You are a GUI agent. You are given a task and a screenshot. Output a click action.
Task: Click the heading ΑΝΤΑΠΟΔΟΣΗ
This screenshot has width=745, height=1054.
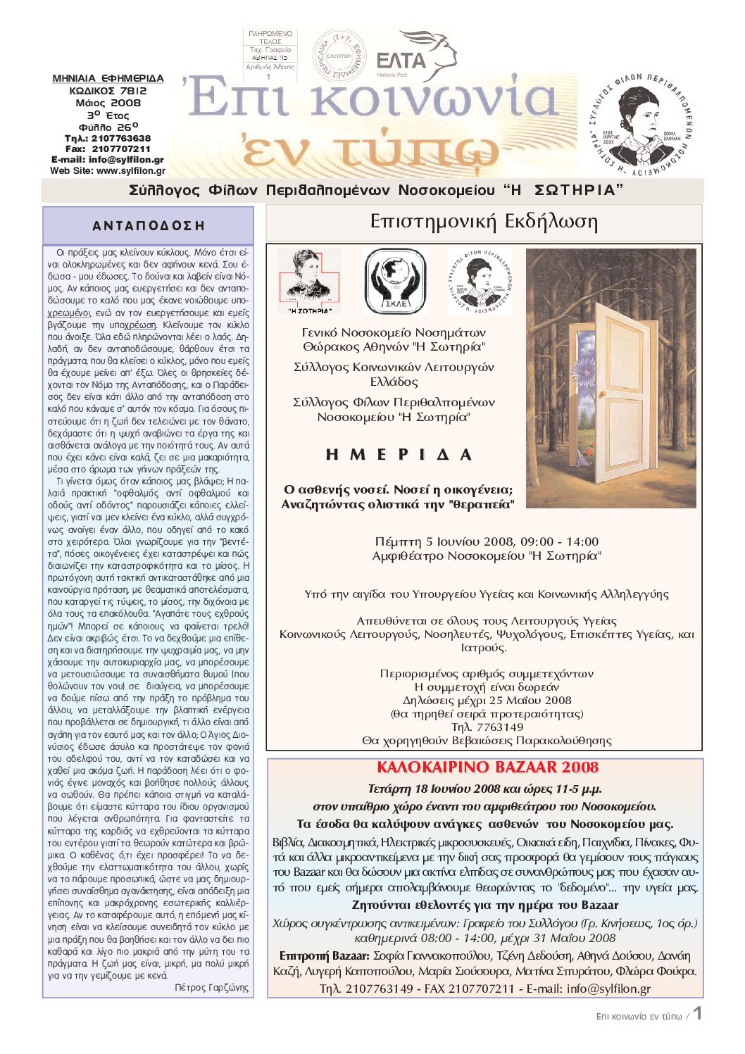pyautogui.click(x=149, y=226)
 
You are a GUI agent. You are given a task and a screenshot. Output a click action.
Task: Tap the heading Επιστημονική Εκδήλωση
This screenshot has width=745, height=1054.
pyautogui.click(x=484, y=222)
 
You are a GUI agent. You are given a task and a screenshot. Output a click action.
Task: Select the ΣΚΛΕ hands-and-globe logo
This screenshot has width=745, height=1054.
pyautogui.click(x=394, y=281)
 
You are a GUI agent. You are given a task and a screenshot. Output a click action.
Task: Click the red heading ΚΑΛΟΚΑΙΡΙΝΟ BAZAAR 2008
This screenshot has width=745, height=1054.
pyautogui.click(x=487, y=767)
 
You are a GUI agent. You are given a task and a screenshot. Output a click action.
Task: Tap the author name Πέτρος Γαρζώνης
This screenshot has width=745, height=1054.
pyautogui.click(x=211, y=988)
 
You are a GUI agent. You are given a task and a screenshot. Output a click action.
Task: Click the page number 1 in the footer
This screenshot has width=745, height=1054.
pyautogui.click(x=697, y=1013)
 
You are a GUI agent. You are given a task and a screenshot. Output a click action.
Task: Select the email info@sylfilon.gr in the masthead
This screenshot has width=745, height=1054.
pyautogui.click(x=108, y=160)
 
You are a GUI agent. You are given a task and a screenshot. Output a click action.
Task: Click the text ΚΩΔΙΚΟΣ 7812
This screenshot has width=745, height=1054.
pyautogui.click(x=108, y=91)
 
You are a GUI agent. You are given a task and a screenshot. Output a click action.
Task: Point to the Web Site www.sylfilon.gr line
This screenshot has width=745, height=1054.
pyautogui.click(x=108, y=170)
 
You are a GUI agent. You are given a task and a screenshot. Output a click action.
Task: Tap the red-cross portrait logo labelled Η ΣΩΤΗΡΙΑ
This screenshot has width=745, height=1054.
pyautogui.click(x=309, y=281)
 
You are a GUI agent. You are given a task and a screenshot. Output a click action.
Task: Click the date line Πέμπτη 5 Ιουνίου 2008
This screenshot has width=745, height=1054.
pyautogui.click(x=487, y=541)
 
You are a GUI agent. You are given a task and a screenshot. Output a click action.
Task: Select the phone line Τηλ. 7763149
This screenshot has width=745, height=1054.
pyautogui.click(x=487, y=727)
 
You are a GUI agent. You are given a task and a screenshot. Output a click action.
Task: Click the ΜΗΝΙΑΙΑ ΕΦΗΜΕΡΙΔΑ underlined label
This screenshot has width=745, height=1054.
pyautogui.click(x=108, y=78)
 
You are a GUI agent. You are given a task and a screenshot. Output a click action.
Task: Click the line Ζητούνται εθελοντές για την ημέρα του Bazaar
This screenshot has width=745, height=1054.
pyautogui.click(x=485, y=905)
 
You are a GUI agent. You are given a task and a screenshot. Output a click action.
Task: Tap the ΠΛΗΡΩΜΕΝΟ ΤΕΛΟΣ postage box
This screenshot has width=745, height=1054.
pyautogui.click(x=270, y=54)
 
